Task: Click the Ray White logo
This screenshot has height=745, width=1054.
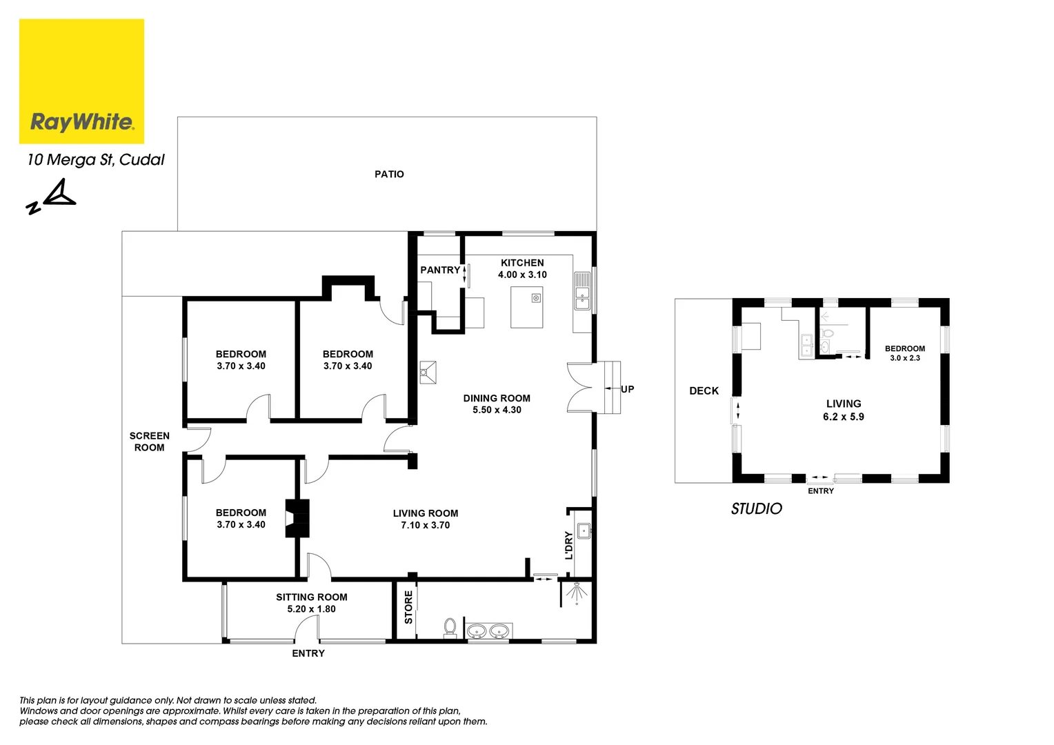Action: click(x=81, y=81)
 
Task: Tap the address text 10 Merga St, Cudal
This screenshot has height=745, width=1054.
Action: click(x=96, y=159)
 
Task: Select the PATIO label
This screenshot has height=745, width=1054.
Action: click(x=389, y=174)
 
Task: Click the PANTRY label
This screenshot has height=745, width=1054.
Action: click(x=439, y=270)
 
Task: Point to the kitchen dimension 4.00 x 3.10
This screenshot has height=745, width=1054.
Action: click(x=522, y=275)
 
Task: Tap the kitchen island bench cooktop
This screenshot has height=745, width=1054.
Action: click(x=536, y=298)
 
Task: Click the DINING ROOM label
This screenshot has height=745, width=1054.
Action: click(x=497, y=398)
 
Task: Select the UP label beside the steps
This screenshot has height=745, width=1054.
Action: click(x=627, y=389)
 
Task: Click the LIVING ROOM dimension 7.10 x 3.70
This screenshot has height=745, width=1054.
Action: click(x=425, y=525)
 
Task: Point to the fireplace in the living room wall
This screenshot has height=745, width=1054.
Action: click(x=298, y=518)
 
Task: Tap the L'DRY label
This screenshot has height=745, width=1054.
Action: click(x=569, y=545)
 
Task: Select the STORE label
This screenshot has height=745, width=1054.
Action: click(x=408, y=607)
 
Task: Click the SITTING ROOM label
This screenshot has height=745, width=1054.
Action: click(x=312, y=597)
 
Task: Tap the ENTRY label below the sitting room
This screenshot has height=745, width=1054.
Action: click(x=308, y=653)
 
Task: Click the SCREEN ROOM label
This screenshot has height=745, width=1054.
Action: click(x=150, y=441)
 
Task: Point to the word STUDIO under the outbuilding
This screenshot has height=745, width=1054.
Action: click(x=756, y=508)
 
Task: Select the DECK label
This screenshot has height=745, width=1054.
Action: click(x=704, y=390)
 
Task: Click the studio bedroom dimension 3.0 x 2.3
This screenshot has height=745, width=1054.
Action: click(x=904, y=358)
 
